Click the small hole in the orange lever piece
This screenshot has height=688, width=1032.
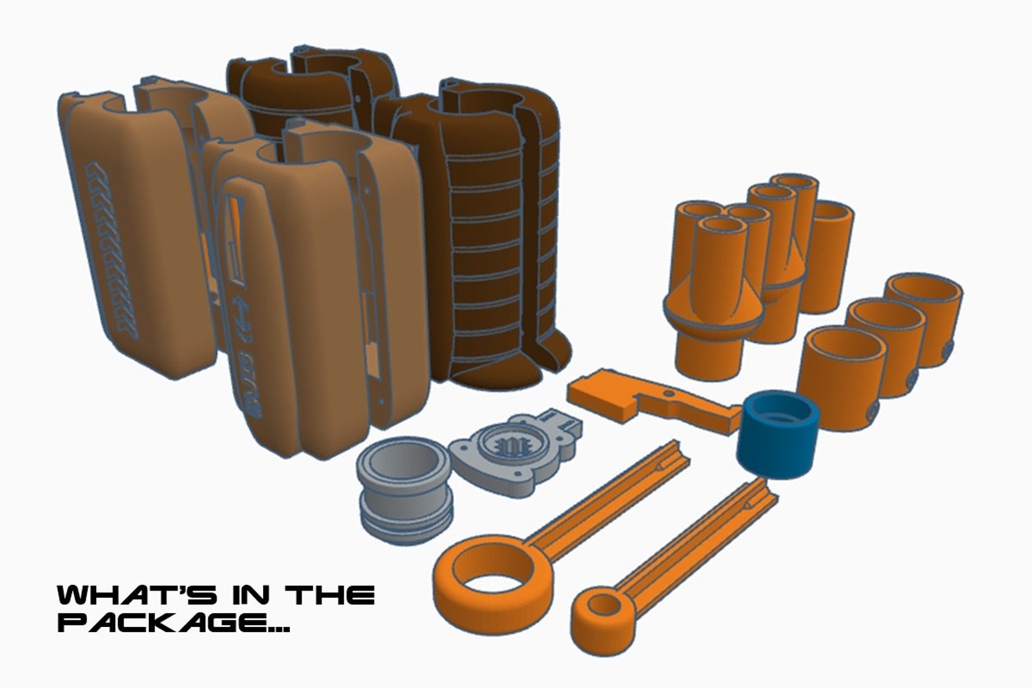(668, 394)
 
